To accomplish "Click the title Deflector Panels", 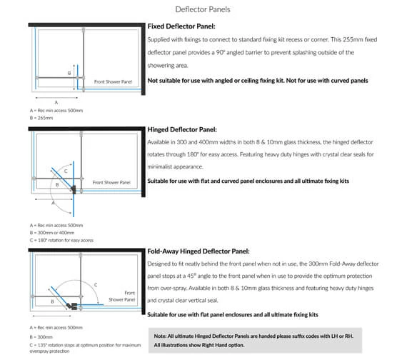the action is click(x=203, y=9).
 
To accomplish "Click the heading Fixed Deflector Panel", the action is click(x=181, y=26).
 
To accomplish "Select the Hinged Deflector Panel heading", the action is click(x=182, y=129).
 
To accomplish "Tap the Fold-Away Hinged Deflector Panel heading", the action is click(x=199, y=251).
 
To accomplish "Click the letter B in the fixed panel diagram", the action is click(x=69, y=74).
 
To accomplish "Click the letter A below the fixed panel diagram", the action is click(x=56, y=102).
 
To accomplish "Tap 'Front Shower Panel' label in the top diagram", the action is click(x=113, y=82).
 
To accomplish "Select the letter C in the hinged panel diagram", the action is click(x=66, y=171).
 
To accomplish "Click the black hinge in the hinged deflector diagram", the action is click(x=74, y=189).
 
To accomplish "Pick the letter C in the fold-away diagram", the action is click(x=96, y=285).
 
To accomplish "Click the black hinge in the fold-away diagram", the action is click(x=72, y=306).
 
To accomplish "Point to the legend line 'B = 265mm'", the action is click(x=41, y=118).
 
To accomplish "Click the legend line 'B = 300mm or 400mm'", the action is click(x=52, y=233).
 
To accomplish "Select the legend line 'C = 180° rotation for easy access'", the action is click(x=61, y=240).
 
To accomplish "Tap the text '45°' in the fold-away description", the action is click(x=191, y=276).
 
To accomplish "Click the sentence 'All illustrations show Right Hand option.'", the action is click(x=199, y=345).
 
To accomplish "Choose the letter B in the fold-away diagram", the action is click(x=52, y=301).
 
